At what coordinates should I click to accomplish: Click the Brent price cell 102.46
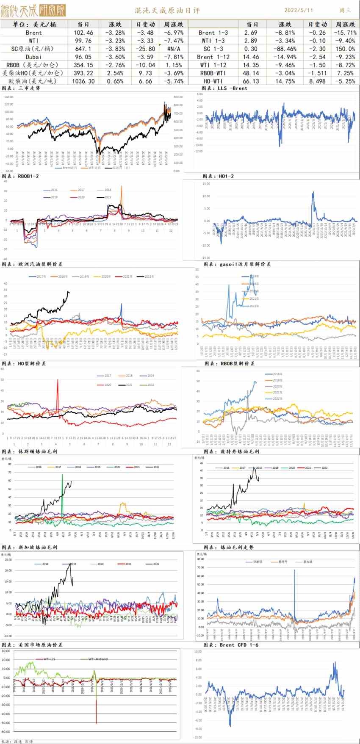point(83,33)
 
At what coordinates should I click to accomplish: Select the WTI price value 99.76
point(83,41)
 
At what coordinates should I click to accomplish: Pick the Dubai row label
point(33,57)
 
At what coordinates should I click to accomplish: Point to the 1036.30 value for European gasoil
point(83,81)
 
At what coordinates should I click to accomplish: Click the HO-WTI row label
point(213,81)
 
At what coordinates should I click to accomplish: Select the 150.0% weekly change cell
point(346,49)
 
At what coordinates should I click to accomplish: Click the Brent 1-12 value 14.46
point(252,57)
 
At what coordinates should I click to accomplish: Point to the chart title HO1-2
point(218,176)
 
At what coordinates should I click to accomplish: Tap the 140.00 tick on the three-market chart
point(9,97)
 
